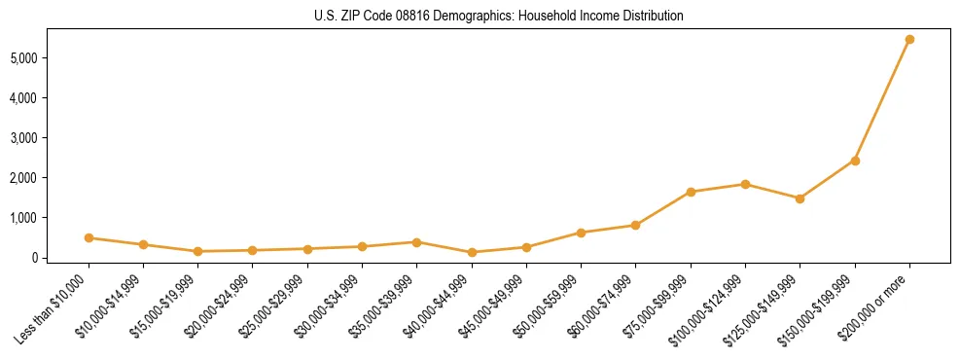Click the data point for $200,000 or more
click(x=909, y=40)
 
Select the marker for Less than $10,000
click(x=89, y=237)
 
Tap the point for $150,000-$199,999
click(x=855, y=161)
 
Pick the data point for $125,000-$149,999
click(x=800, y=198)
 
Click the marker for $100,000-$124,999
click(x=745, y=184)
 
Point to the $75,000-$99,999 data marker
click(x=691, y=192)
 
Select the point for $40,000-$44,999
click(x=472, y=252)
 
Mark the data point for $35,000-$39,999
click(x=416, y=242)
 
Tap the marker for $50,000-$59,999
click(x=581, y=233)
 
